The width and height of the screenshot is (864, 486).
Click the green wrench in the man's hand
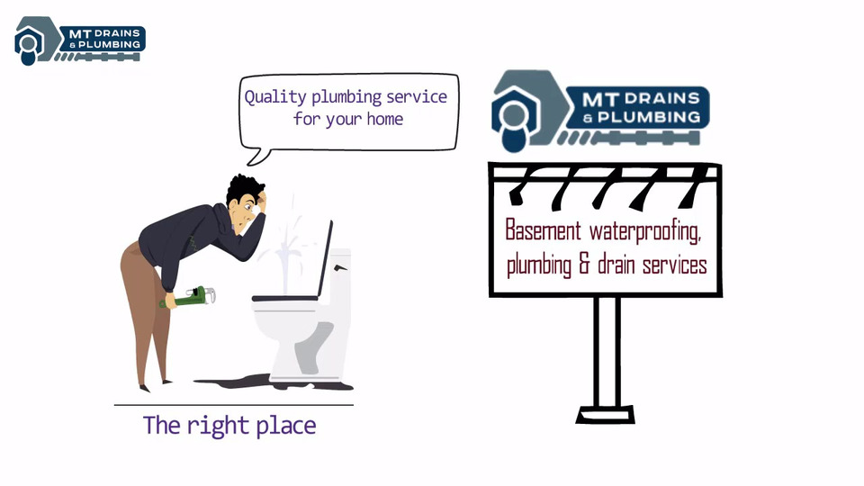188,297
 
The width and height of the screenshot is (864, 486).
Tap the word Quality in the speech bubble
275,97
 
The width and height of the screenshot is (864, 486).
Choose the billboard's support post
606,351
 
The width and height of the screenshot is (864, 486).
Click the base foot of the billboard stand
605,415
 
